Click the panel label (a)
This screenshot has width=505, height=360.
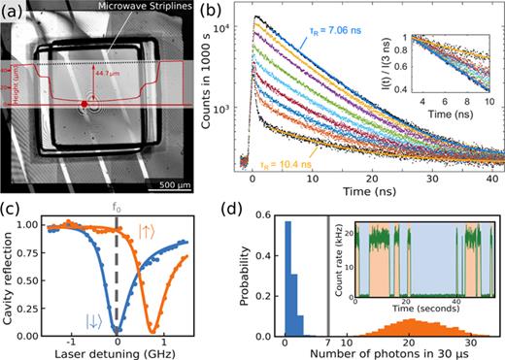[17, 13]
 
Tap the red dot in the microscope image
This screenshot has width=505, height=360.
[84, 103]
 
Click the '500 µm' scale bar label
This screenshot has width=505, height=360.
[185, 157]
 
